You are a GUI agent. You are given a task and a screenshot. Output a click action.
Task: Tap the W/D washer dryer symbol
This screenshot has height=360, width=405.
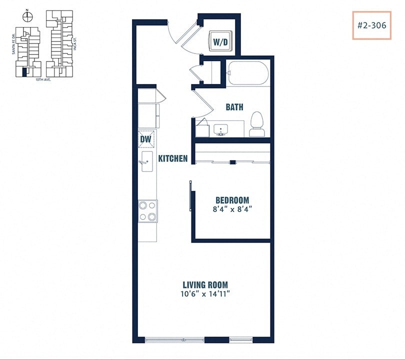tap(220, 42)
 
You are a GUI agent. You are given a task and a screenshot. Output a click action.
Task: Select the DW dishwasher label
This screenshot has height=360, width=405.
tap(145, 139)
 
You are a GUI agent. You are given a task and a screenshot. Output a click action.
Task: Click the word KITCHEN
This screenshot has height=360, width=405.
tap(173, 159)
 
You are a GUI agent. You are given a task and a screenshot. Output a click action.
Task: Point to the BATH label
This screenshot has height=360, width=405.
tap(234, 107)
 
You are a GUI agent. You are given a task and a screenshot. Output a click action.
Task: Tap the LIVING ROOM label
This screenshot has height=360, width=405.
tap(205, 285)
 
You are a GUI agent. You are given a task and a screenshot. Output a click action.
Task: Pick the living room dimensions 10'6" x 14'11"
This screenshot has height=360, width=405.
tap(205, 294)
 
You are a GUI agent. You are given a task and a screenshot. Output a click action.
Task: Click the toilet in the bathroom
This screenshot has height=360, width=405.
tap(256, 124)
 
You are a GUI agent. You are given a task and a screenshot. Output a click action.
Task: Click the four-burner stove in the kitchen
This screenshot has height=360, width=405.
tap(148, 210)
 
